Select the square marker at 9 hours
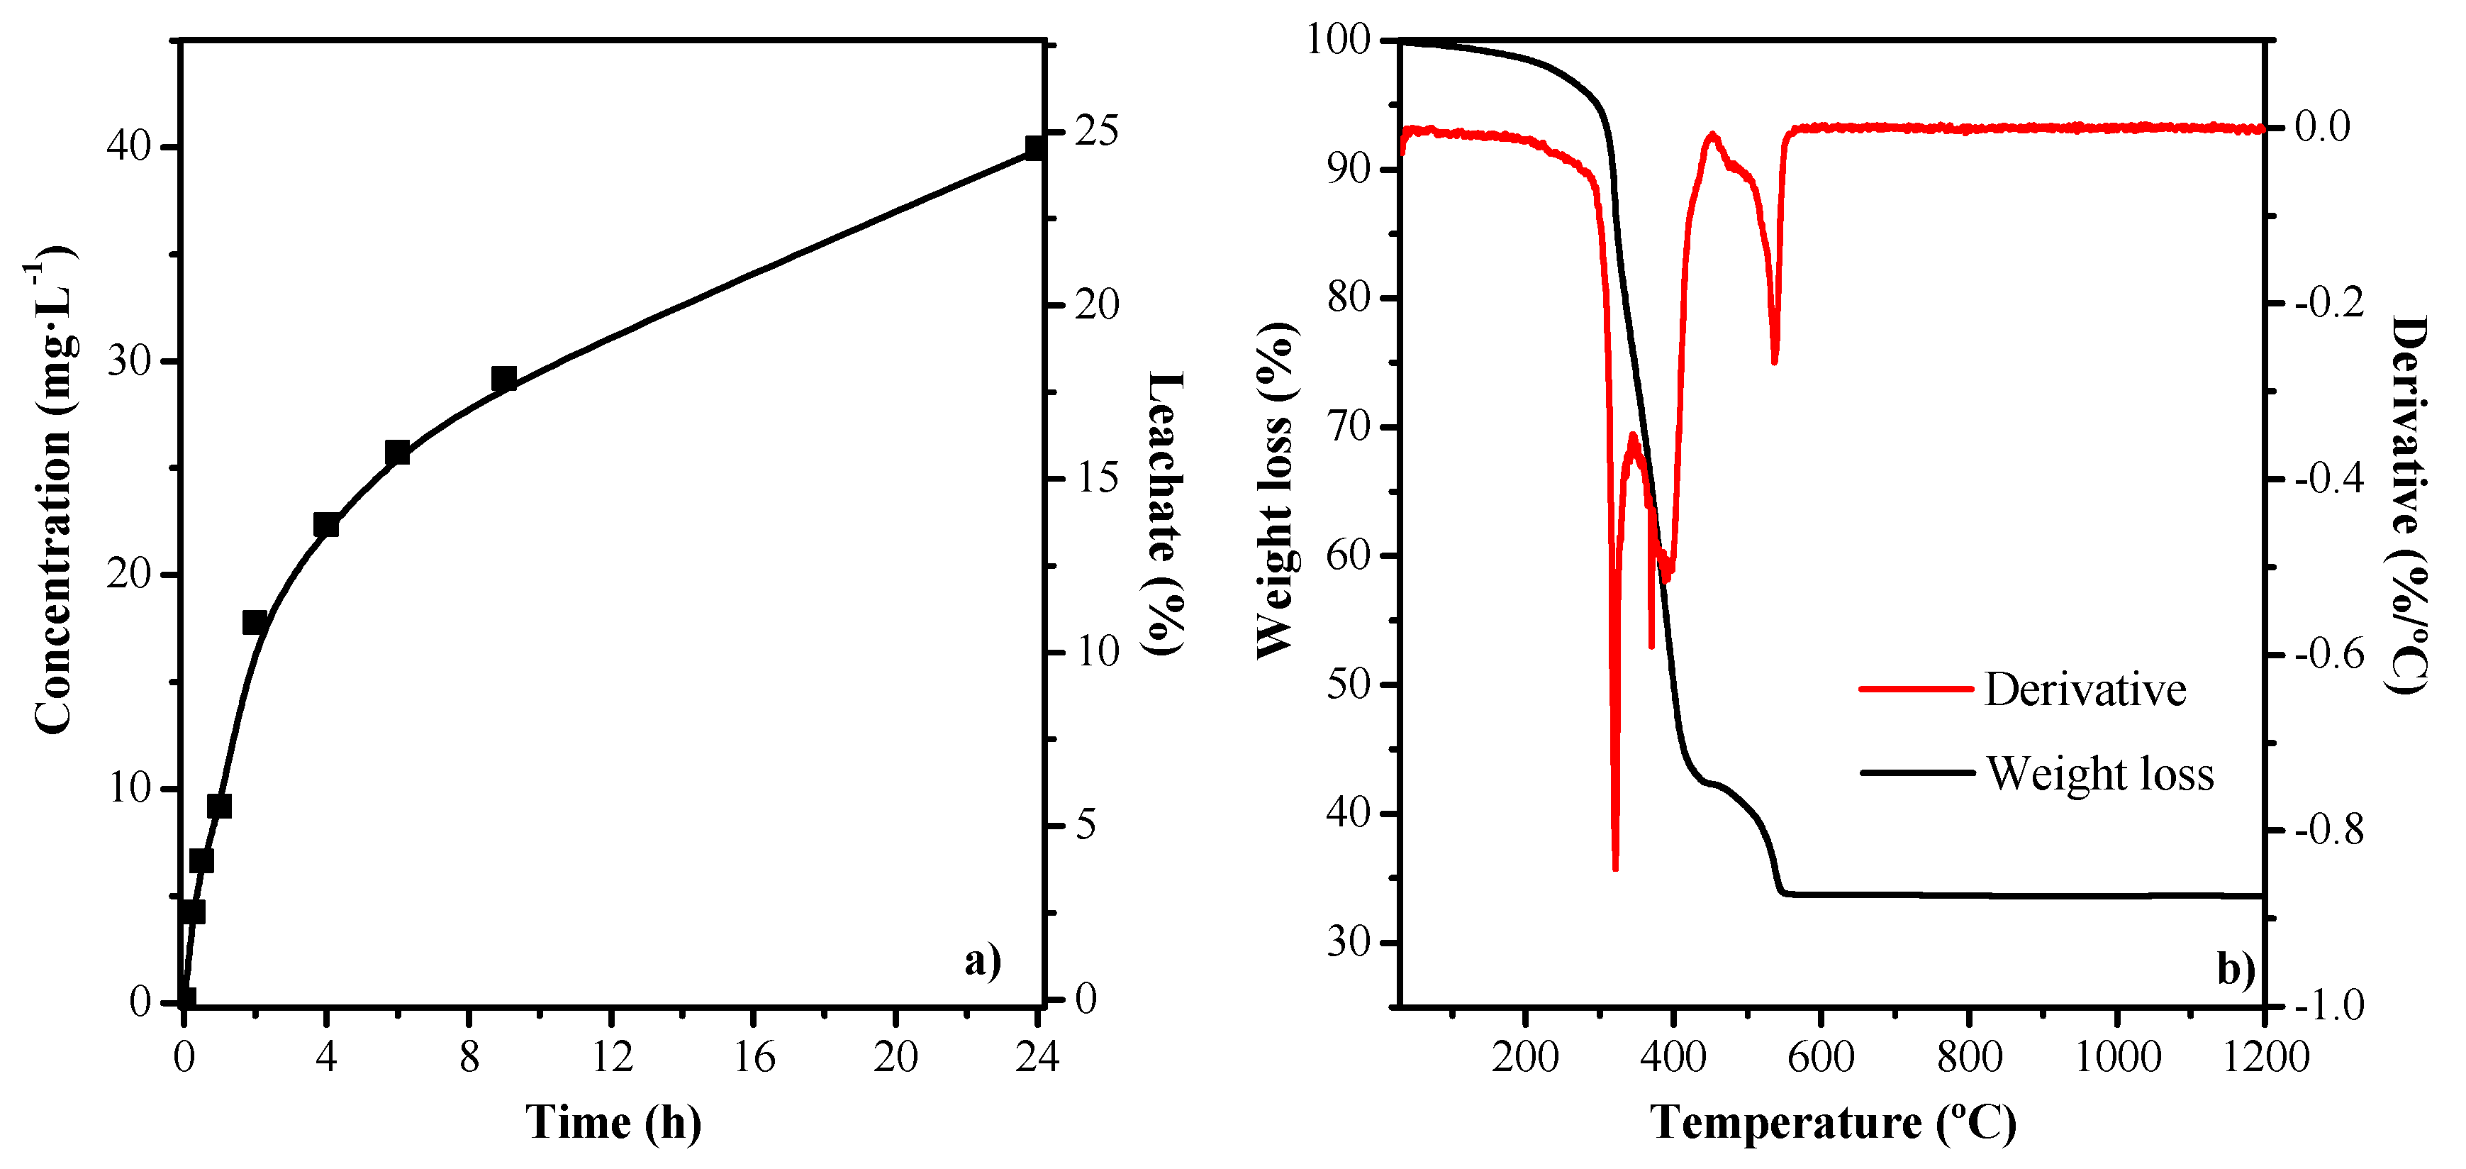[503, 378]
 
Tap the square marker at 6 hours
[397, 453]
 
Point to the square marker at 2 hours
[255, 622]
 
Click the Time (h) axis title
[613, 1121]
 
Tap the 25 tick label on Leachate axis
[1096, 131]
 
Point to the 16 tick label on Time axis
[754, 1058]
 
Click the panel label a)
[982, 960]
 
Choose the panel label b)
[2236, 969]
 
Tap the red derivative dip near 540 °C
[1775, 360]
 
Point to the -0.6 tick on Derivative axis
[2328, 655]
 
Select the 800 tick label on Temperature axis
[1969, 1058]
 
